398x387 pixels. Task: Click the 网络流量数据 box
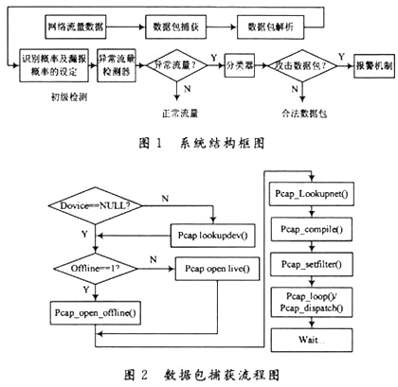pos(89,19)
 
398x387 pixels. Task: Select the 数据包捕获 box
pos(177,19)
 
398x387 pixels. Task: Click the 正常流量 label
pos(178,114)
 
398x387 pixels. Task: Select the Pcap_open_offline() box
pos(88,309)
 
